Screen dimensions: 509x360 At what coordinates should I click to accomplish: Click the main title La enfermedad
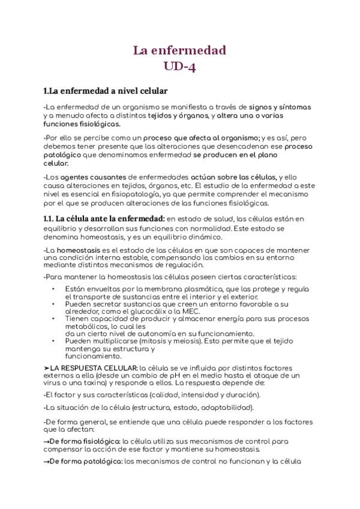[x=179, y=50]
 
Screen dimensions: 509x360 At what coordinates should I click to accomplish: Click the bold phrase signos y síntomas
[x=280, y=107]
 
